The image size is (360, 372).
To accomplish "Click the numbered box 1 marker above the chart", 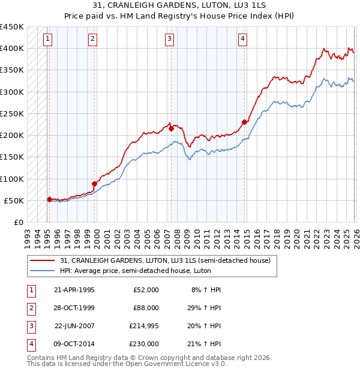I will click(x=47, y=39).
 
